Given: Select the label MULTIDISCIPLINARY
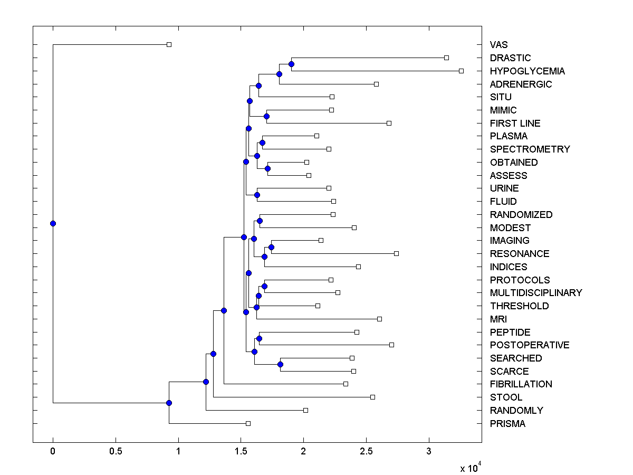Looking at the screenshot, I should tap(536, 293).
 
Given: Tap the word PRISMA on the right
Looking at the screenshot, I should tap(507, 424).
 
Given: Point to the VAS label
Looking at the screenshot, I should tap(498, 45).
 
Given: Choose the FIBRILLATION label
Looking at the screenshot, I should tap(521, 384).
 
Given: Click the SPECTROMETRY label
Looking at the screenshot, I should tap(530, 149).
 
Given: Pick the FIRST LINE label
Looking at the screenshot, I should tap(515, 123).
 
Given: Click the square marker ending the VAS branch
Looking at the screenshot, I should tap(169, 44).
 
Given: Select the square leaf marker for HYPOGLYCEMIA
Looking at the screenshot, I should tap(461, 71).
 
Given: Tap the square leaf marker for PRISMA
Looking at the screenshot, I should tap(248, 423).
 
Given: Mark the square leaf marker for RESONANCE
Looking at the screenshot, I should tap(396, 253).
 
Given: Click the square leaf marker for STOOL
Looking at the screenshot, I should tap(372, 397).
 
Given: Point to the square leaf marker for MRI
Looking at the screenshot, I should tap(379, 319).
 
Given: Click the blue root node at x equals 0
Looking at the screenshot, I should tap(53, 223).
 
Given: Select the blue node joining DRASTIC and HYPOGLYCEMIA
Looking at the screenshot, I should tap(291, 64).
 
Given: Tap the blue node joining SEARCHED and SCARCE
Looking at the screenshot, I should tap(280, 364).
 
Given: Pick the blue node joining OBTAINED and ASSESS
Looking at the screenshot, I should tap(267, 168).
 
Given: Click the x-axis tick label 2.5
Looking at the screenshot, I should tap(366, 451).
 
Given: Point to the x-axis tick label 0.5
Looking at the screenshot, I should tap(116, 451).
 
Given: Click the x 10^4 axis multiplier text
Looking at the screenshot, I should tap(471, 467).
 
